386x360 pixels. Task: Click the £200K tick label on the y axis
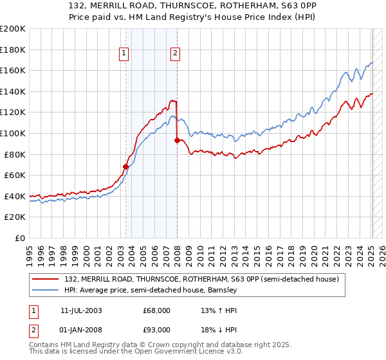[x=13, y=29]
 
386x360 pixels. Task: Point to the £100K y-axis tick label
[x=13, y=134]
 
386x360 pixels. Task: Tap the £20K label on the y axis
[x=15, y=217]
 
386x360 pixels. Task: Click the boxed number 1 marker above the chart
[x=124, y=54]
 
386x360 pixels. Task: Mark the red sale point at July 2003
[x=126, y=166]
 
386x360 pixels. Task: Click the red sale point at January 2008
[x=177, y=140]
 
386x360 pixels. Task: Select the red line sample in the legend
[x=46, y=279]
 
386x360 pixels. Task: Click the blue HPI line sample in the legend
[x=46, y=290]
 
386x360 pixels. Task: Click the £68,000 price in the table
[x=157, y=310]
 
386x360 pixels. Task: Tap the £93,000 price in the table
[x=157, y=331]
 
